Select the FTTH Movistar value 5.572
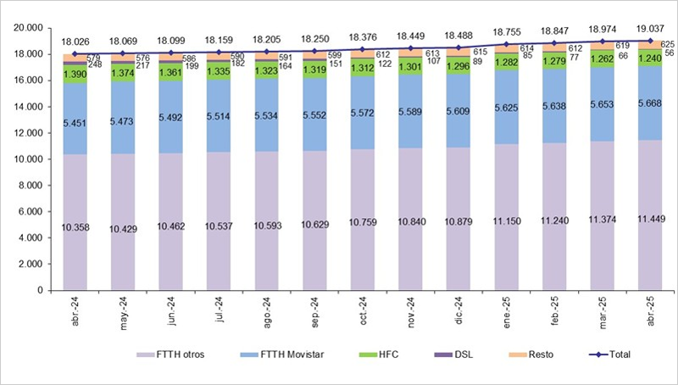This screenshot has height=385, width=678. coord(363,113)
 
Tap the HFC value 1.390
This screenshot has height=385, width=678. coord(75,75)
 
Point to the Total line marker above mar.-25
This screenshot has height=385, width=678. coord(603,41)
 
